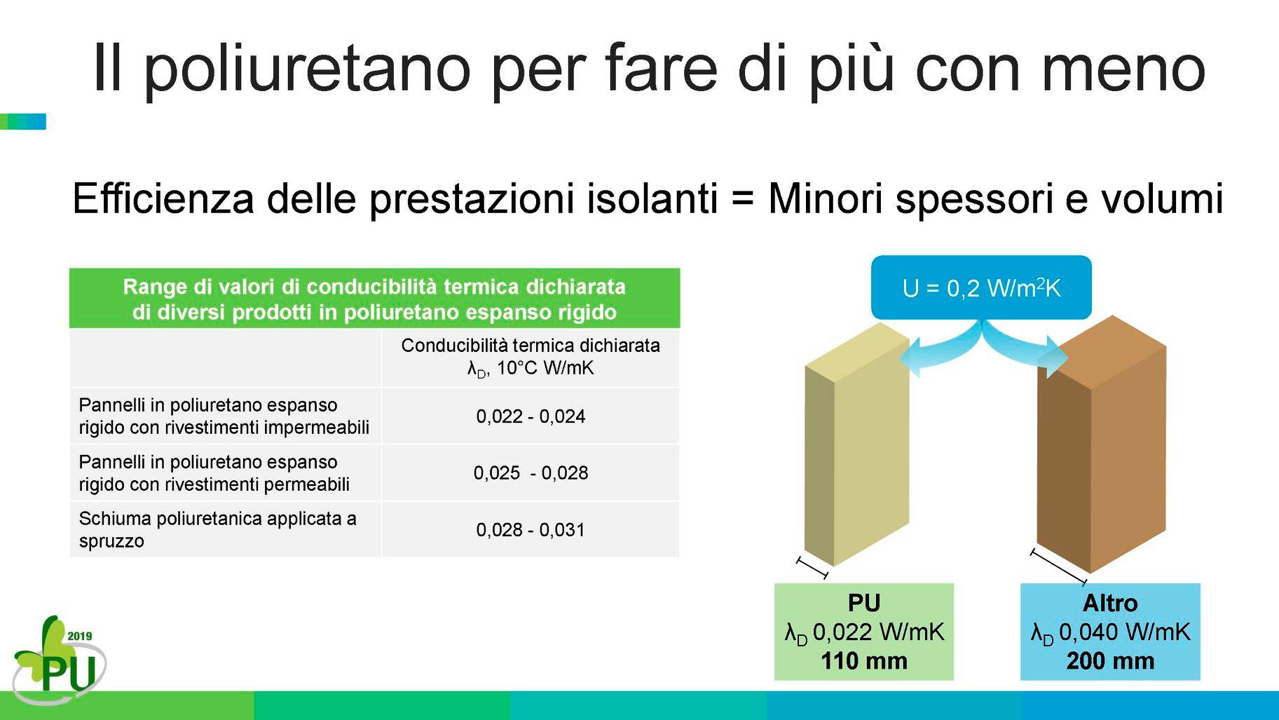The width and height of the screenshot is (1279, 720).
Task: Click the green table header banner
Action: coord(374,299)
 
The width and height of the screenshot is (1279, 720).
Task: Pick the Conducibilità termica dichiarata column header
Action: coord(531,357)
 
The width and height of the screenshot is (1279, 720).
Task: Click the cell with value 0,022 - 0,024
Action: coord(531,416)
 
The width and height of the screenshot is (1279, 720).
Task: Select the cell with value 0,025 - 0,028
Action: coord(531,473)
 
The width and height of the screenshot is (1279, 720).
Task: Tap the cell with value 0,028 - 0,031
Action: coord(531,530)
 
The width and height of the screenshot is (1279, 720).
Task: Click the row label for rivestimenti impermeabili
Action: coord(224,416)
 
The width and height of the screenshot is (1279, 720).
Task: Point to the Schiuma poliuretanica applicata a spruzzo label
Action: coord(217,530)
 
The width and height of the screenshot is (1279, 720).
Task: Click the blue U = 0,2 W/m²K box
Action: coord(981,287)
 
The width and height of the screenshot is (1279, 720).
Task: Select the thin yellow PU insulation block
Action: coord(857,444)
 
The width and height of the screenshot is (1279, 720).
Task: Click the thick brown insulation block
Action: coord(1101,444)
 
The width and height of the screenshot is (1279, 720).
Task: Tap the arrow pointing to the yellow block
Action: coord(939,350)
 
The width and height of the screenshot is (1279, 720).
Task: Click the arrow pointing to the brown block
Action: coord(1025,350)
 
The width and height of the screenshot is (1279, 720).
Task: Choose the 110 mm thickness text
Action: coord(864,661)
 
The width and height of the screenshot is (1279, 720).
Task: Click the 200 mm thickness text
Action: coord(1110,661)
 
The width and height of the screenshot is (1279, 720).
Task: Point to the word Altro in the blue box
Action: coord(1110,603)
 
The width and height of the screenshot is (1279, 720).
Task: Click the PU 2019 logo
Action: coord(59,660)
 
